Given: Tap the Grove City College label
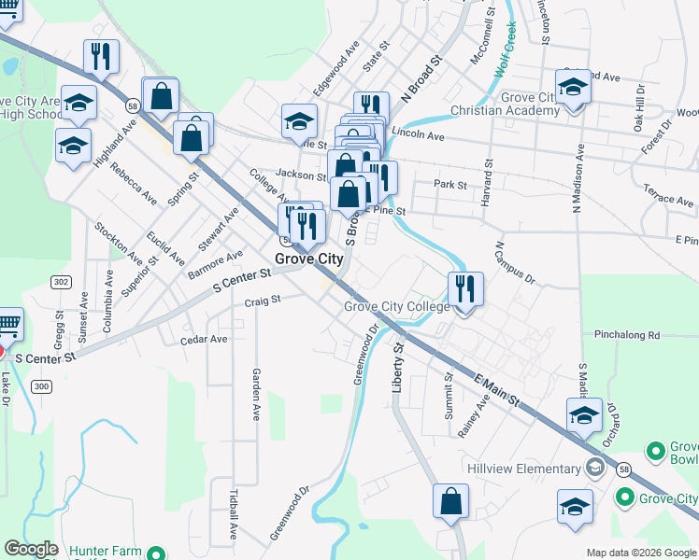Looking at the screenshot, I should point(397,306).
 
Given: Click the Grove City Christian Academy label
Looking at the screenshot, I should point(505,104).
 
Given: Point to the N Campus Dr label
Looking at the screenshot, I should point(514,264).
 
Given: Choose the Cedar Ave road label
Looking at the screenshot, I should point(204,340).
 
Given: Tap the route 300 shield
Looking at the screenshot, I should point(41,385).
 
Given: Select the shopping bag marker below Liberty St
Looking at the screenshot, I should point(450,501).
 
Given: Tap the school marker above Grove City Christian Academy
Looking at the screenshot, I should point(573,88).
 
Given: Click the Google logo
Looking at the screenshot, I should point(31,549).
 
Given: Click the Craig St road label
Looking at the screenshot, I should point(262,301).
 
